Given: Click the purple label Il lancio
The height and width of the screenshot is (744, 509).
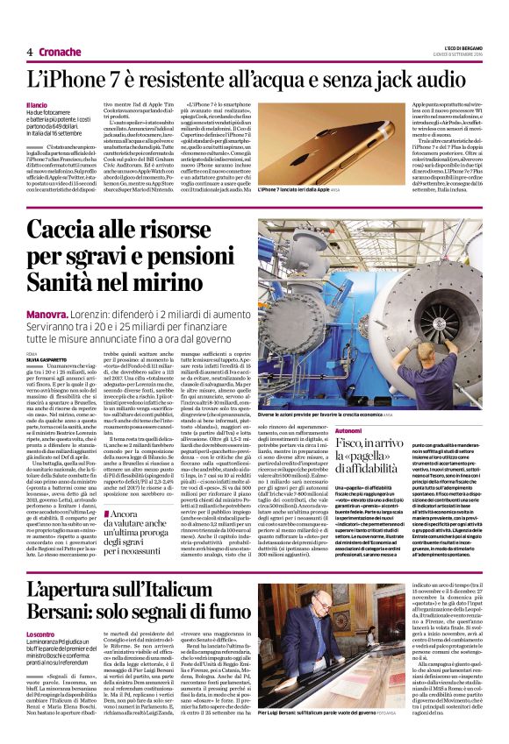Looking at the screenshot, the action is click(38, 105).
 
